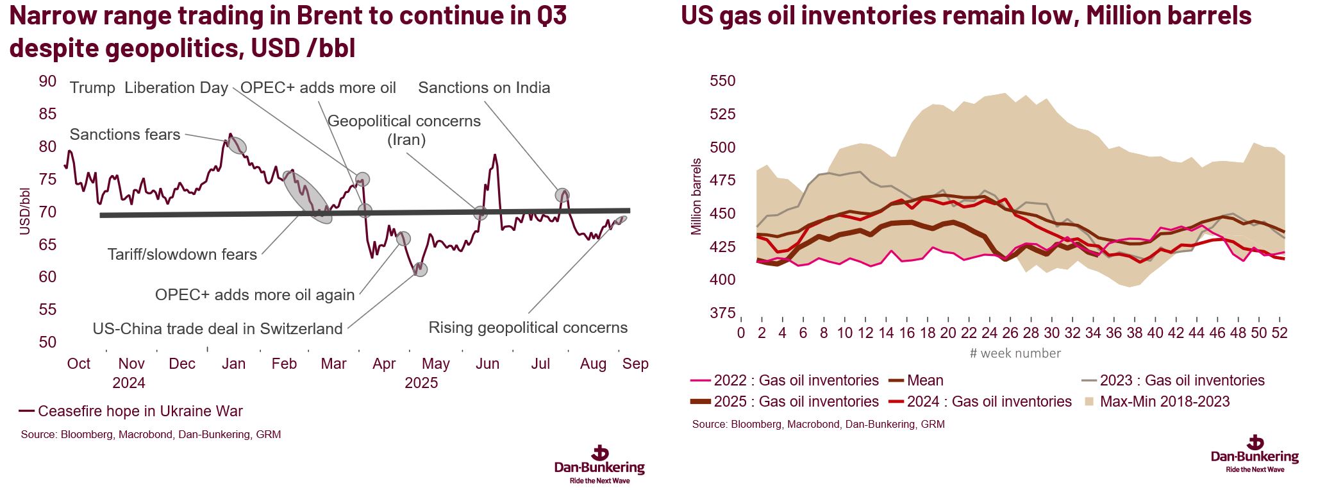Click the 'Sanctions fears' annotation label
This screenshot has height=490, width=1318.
click(124, 135)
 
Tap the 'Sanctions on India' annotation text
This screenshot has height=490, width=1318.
click(484, 88)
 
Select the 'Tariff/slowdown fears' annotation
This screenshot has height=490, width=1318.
click(182, 255)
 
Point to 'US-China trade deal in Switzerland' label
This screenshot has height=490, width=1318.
click(217, 329)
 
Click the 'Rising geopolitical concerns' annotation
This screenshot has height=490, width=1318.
click(528, 328)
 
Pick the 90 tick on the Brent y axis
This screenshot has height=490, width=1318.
click(47, 81)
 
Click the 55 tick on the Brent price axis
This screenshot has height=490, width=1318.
click(47, 310)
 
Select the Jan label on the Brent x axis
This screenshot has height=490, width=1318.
click(233, 364)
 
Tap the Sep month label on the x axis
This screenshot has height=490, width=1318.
click(635, 364)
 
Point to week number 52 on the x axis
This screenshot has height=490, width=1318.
click(1280, 334)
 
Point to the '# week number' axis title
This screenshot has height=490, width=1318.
click(1015, 353)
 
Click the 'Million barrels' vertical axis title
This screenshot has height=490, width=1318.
click(697, 196)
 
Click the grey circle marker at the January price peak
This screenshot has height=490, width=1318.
click(237, 146)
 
